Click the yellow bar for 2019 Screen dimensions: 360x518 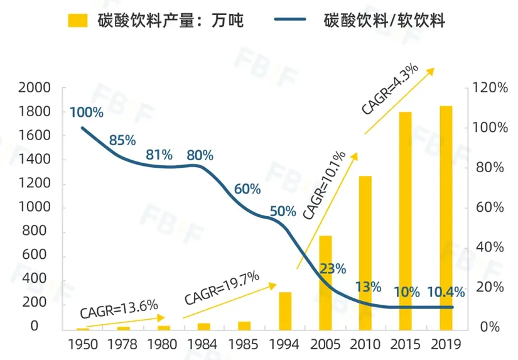tap(446, 218)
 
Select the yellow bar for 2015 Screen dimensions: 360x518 tap(406, 221)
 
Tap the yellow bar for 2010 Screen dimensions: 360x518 tap(365, 253)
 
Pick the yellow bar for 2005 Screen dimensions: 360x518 tap(325, 283)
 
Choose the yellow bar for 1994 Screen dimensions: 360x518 tap(285, 311)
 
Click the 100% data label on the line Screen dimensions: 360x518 tap(86, 113)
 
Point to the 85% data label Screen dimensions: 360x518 tap(122, 141)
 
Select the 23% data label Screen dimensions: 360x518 tap(332, 269)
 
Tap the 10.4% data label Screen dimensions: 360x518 tap(446, 292)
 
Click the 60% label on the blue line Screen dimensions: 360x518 tap(247, 189)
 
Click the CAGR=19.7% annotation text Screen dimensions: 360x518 tap(222, 290)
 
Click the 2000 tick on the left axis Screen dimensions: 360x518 tap(34, 88)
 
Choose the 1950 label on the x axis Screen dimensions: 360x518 tap(84, 344)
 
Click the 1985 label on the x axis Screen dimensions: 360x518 tap(244, 344)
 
